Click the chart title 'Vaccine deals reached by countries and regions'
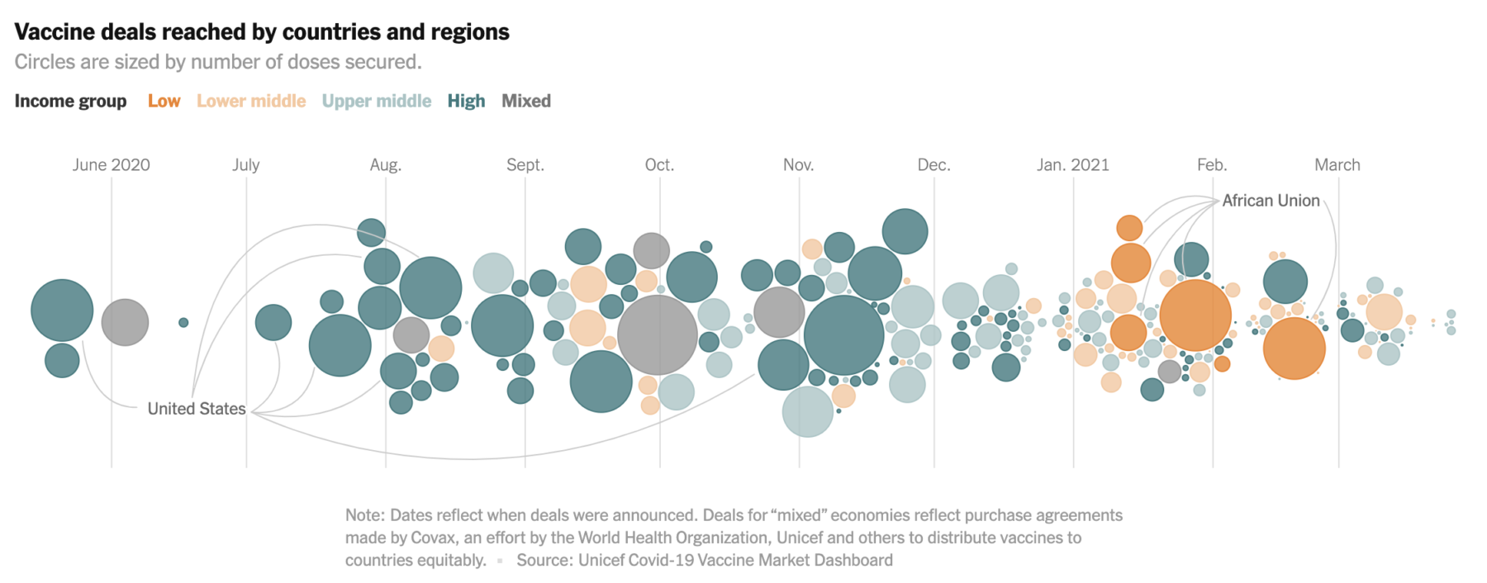262,32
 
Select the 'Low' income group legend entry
164,101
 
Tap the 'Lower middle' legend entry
250,101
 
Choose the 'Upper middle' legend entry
376,101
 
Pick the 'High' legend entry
466,101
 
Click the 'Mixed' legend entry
525,101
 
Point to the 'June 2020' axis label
111,164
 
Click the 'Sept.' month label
525,164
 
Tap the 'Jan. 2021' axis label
1072,164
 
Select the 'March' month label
1337,164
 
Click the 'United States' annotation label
196,409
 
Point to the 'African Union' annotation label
1271,201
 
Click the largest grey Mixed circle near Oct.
658,335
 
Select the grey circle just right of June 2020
125,322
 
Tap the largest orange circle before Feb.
1195,315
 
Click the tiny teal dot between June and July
183,322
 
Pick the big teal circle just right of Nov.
843,335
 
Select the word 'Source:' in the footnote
544,560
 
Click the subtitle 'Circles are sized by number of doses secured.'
218,62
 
